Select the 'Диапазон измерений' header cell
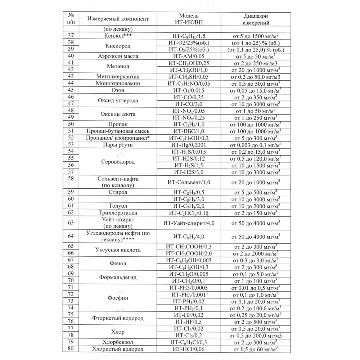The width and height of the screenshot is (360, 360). [x=257, y=19]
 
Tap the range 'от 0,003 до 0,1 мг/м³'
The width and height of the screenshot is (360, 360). [x=256, y=145]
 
